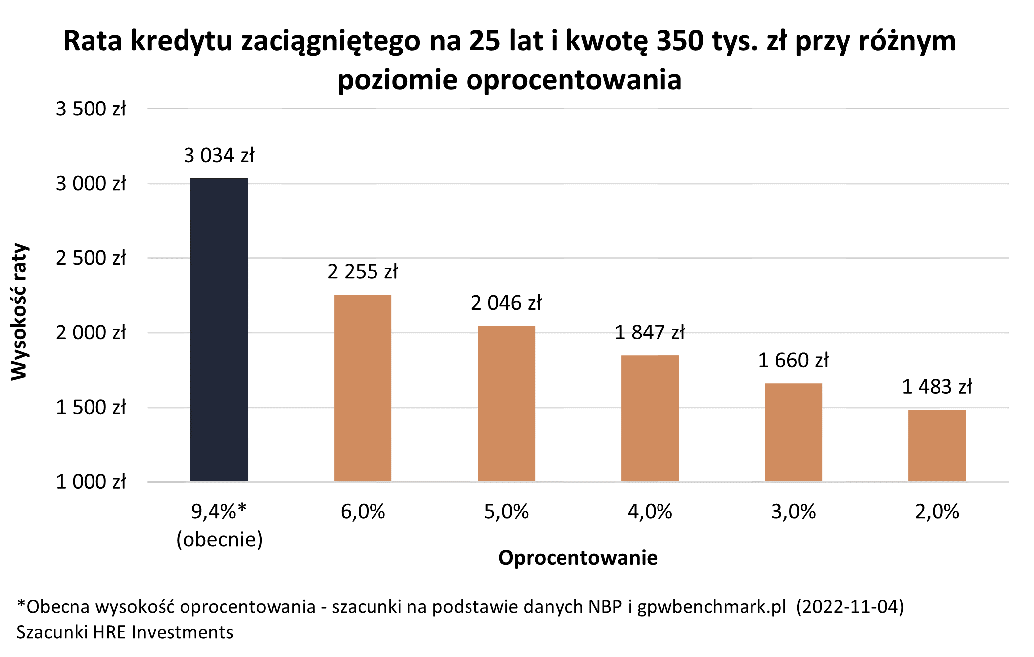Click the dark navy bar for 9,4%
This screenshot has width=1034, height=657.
pyautogui.click(x=219, y=329)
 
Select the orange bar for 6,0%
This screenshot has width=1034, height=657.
pyautogui.click(x=363, y=388)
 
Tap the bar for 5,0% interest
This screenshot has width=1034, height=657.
pyautogui.click(x=506, y=403)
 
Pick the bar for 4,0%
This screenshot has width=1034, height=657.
pyautogui.click(x=650, y=418)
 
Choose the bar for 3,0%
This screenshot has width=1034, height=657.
pyautogui.click(x=793, y=432)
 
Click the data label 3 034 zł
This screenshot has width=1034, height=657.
pyautogui.click(x=219, y=156)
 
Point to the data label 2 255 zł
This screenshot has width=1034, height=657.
pyautogui.click(x=363, y=272)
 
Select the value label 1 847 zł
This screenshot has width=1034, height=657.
pyautogui.click(x=650, y=332)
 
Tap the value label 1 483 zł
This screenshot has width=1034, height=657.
pyautogui.click(x=937, y=387)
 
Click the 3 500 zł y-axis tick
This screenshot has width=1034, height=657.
pyautogui.click(x=91, y=109)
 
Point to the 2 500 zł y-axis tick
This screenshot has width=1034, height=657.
pyautogui.click(x=91, y=258)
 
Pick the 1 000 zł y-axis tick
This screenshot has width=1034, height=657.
pyautogui.click(x=91, y=482)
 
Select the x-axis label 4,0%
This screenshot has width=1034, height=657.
pyautogui.click(x=650, y=512)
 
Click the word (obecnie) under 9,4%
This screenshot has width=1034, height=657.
pyautogui.click(x=219, y=539)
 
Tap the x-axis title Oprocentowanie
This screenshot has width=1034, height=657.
pyautogui.click(x=577, y=558)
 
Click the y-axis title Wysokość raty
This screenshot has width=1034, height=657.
pyautogui.click(x=20, y=312)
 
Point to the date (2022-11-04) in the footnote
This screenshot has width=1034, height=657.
pyautogui.click(x=849, y=607)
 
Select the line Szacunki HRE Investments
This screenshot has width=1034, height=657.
pyautogui.click(x=125, y=632)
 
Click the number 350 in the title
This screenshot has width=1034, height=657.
pyautogui.click(x=679, y=41)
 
